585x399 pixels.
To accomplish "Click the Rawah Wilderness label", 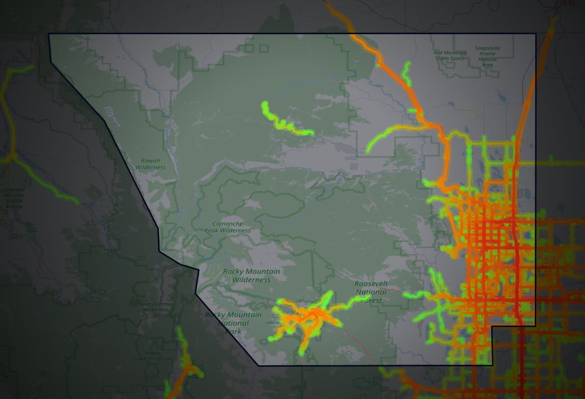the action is [x=150, y=164].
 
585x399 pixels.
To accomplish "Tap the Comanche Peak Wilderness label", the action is [x=227, y=227].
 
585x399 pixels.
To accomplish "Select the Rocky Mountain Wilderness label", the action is [x=251, y=275].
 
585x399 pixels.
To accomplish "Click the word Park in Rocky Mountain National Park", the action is [x=233, y=331].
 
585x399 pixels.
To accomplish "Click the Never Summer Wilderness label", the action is [x=155, y=306].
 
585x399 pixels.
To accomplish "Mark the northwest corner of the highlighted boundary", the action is [x=49, y=34].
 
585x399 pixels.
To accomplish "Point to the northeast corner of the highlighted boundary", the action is [x=536, y=34].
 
